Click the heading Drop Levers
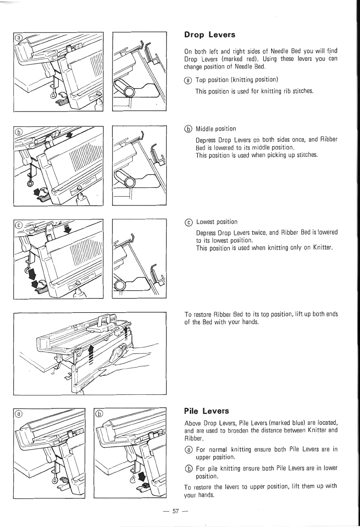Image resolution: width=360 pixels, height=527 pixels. [x=210, y=35]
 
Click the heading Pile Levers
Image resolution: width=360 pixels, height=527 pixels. [x=206, y=411]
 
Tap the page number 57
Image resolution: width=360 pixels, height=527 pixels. [x=176, y=511]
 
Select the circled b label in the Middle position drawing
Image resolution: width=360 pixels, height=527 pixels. [x=19, y=132]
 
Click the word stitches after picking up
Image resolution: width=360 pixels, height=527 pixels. [x=306, y=155]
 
